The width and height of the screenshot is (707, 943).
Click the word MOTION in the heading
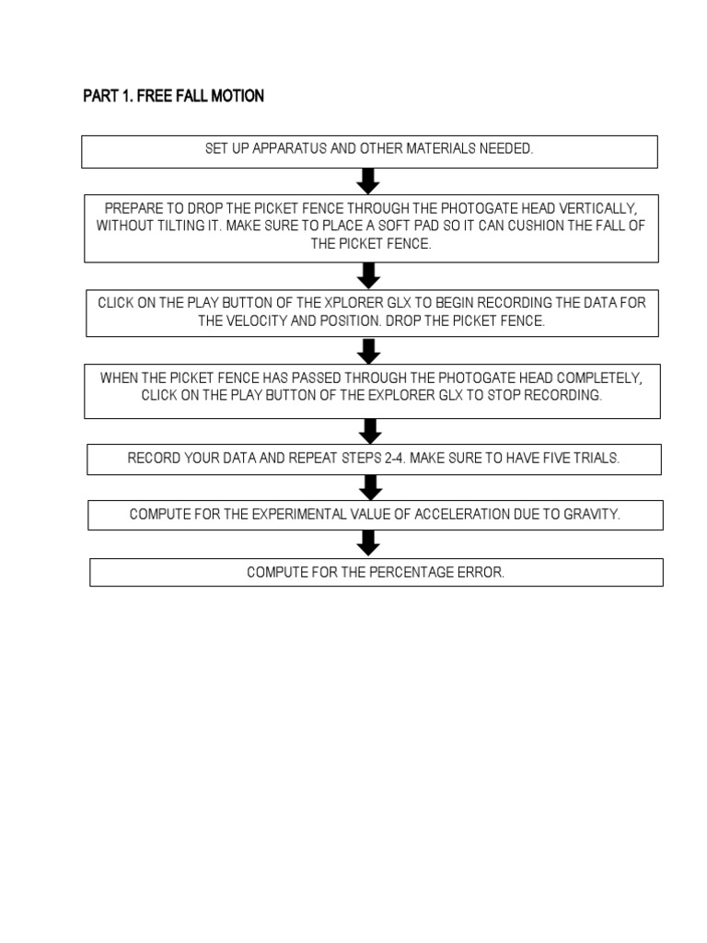coord(237,96)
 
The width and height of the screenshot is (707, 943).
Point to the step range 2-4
coord(394,459)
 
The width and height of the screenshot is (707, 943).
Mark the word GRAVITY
coord(592,515)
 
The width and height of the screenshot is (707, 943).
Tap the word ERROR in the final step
coord(481,573)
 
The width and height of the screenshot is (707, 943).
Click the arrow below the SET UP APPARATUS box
coord(368,181)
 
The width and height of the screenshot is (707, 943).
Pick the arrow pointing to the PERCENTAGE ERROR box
coord(368,543)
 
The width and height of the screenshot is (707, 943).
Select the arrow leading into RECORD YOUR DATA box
coord(371,431)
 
